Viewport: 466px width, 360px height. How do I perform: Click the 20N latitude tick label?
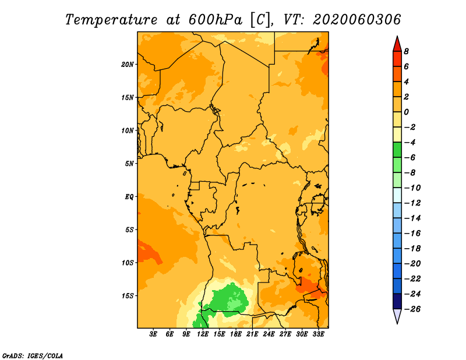[x=127, y=65]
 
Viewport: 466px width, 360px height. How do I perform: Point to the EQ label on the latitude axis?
[x=129, y=197]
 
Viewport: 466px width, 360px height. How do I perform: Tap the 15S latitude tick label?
[x=127, y=296]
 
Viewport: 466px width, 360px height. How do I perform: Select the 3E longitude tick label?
[x=153, y=334]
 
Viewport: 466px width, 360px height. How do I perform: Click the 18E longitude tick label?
[x=236, y=334]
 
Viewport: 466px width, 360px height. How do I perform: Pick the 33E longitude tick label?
[x=318, y=334]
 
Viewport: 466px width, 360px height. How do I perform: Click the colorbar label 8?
[x=406, y=51]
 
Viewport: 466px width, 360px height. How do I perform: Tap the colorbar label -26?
[x=412, y=309]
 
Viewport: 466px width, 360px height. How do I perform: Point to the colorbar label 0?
[x=406, y=112]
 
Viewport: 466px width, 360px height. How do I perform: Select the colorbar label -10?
[x=412, y=188]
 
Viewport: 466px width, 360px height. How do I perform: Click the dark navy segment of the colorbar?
[x=397, y=301]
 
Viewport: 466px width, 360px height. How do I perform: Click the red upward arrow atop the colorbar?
[x=397, y=44]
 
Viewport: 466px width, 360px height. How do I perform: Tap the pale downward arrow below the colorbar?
[x=397, y=316]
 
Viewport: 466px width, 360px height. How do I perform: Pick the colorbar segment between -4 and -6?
[x=397, y=150]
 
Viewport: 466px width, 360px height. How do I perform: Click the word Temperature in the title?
[x=111, y=20]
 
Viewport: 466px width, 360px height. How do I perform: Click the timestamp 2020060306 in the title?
[x=357, y=20]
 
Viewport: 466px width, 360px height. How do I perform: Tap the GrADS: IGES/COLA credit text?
[x=33, y=356]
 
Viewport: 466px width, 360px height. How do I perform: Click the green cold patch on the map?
[x=229, y=299]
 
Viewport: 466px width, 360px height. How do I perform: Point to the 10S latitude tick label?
[x=127, y=263]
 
